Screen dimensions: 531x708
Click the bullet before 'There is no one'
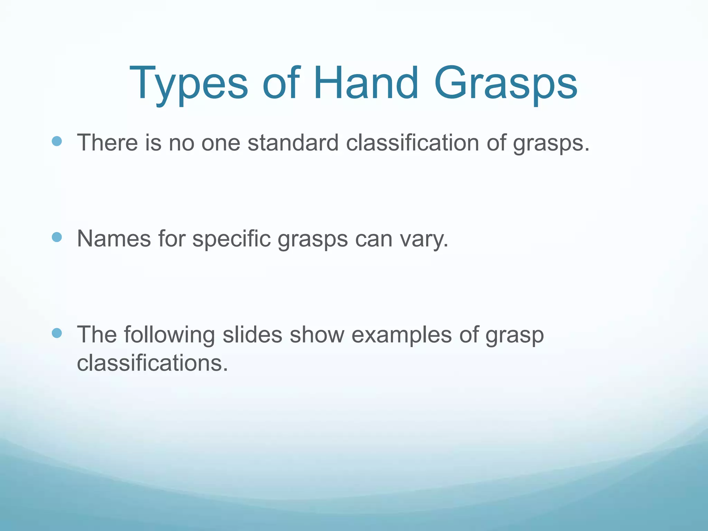[x=57, y=141]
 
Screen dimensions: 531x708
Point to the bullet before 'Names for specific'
[x=57, y=237]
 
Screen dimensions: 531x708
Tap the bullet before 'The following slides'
[x=57, y=333]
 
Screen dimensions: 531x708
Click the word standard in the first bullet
[x=293, y=142]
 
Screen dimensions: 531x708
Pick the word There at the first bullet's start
[x=107, y=142]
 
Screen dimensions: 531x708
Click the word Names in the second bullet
[x=114, y=239]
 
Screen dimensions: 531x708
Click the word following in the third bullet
[x=169, y=335]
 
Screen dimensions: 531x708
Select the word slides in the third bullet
[x=252, y=335]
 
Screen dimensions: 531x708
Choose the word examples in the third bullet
[x=401, y=335]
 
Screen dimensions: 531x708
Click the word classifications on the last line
[x=152, y=363]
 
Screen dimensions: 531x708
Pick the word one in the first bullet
[x=221, y=143]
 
